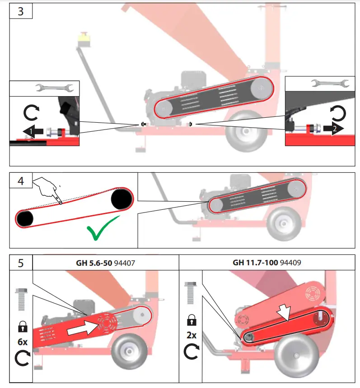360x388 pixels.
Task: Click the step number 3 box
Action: (21, 11)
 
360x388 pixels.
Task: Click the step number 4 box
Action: (21, 181)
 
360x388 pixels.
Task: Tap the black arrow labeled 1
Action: (35, 131)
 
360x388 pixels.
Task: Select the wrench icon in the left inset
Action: (54, 88)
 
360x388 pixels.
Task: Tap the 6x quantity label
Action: (21, 342)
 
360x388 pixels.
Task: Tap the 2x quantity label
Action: (192, 335)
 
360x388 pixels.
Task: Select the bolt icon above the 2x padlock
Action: (192, 295)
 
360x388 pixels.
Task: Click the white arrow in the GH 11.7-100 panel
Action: (283, 312)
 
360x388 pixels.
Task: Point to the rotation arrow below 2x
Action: (192, 352)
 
